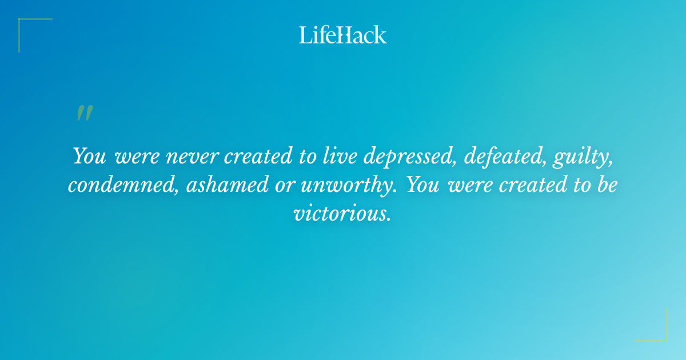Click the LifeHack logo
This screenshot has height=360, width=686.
pyautogui.click(x=343, y=35)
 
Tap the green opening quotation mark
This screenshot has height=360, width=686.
pyautogui.click(x=85, y=113)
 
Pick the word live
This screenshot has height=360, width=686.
pyautogui.click(x=342, y=155)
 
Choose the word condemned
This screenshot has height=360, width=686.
pyautogui.click(x=123, y=185)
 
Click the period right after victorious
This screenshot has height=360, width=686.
pyautogui.click(x=389, y=219)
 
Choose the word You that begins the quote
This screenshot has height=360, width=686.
pyautogui.click(x=89, y=155)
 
